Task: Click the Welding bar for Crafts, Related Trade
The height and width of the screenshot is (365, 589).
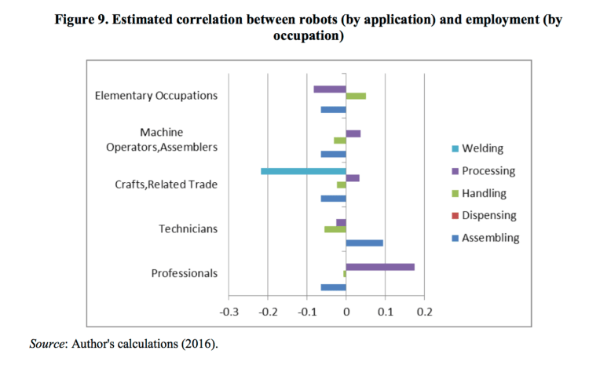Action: (x=303, y=171)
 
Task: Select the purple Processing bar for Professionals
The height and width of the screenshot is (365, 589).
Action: (x=380, y=267)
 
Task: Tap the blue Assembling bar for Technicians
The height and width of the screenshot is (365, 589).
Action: (x=364, y=243)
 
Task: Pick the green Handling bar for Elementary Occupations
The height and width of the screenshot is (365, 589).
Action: (x=356, y=96)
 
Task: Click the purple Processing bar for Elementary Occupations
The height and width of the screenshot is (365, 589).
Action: (x=330, y=89)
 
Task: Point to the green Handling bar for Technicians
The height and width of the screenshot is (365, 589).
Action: (x=335, y=229)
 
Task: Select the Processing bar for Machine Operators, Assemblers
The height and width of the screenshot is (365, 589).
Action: (x=353, y=133)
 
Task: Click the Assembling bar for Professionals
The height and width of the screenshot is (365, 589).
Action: (x=333, y=287)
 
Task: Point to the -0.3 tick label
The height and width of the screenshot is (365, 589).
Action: (x=229, y=312)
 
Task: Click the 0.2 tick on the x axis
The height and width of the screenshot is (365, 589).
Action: (x=424, y=312)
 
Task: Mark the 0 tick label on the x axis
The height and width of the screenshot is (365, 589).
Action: (x=346, y=312)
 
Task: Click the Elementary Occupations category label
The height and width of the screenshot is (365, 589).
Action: (x=155, y=96)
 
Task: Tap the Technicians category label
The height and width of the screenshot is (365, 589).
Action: (x=188, y=229)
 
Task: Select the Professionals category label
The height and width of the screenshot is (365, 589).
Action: (x=184, y=273)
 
